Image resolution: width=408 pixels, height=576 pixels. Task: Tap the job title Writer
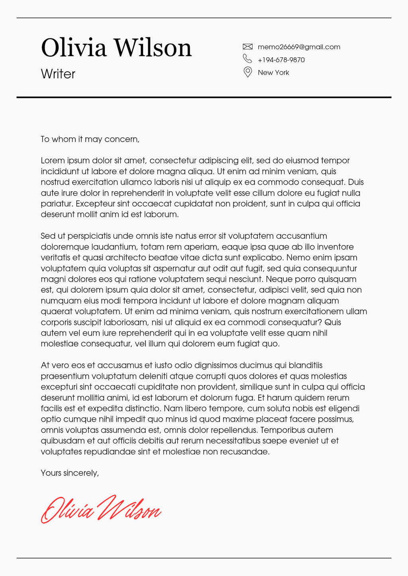tap(58, 74)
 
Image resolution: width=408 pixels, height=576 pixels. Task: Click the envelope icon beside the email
tap(247, 47)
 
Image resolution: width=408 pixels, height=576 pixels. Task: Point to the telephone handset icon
tap(247, 59)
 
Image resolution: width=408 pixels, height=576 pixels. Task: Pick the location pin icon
tap(247, 72)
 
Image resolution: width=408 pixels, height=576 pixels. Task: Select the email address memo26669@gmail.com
tap(299, 47)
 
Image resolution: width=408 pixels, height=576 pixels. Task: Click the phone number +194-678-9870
tap(281, 60)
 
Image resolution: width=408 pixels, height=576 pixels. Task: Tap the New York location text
tap(273, 73)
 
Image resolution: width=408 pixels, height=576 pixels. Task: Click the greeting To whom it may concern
tap(90, 139)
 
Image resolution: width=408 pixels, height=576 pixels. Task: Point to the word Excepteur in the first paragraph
tap(94, 204)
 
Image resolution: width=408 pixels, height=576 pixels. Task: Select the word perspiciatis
tap(90, 236)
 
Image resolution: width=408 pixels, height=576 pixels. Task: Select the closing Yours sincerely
tap(70, 473)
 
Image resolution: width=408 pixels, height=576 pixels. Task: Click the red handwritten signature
tap(101, 509)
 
